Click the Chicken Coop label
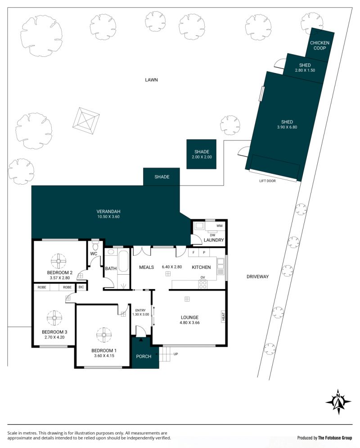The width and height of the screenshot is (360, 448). [319, 45]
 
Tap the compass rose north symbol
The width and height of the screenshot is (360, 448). [338, 402]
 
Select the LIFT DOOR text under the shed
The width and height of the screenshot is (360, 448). [267, 181]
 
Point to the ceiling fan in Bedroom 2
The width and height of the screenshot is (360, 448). [58, 261]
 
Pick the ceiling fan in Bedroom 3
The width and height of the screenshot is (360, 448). [54, 318]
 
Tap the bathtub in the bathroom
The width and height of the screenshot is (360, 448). [124, 261]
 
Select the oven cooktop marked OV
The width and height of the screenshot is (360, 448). [202, 284]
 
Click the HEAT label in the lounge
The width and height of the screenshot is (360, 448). [223, 316]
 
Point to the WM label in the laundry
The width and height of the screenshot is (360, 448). [219, 226]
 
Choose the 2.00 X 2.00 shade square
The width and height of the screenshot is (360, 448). [201, 154]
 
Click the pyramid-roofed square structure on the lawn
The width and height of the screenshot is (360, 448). [86, 121]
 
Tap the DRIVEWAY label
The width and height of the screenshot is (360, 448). [257, 276]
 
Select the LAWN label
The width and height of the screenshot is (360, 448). [151, 80]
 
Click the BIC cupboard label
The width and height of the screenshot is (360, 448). [81, 287]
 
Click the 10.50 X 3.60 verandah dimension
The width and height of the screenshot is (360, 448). [108, 217]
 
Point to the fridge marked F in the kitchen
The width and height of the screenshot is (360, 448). [193, 253]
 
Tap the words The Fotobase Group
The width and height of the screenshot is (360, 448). [335, 438]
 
